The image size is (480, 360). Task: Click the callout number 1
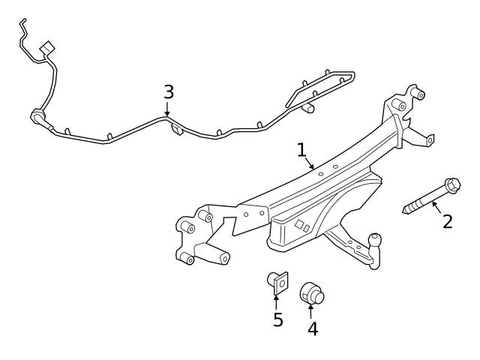(301, 150)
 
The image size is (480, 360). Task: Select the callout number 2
(447, 221)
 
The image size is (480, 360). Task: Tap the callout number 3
(169, 92)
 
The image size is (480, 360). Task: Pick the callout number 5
(277, 320)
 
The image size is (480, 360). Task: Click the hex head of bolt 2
(452, 184)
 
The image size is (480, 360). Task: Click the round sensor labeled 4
(311, 293)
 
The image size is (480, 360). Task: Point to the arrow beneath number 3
(168, 109)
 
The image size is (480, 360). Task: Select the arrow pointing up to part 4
(311, 309)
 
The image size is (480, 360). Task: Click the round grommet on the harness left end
(36, 116)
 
